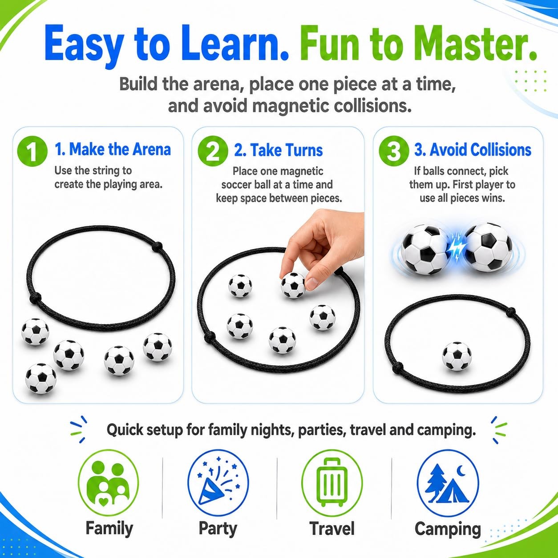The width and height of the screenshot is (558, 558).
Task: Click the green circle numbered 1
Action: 32,151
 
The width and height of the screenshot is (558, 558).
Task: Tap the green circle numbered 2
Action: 213,151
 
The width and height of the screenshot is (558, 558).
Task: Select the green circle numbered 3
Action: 394,151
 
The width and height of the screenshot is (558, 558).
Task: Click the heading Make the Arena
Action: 113,150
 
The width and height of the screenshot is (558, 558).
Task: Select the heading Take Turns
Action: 279,150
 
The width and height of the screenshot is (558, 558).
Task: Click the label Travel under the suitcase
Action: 332,529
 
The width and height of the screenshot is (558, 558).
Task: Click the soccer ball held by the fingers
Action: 293,286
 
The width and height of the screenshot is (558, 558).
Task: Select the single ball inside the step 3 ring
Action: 457,356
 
